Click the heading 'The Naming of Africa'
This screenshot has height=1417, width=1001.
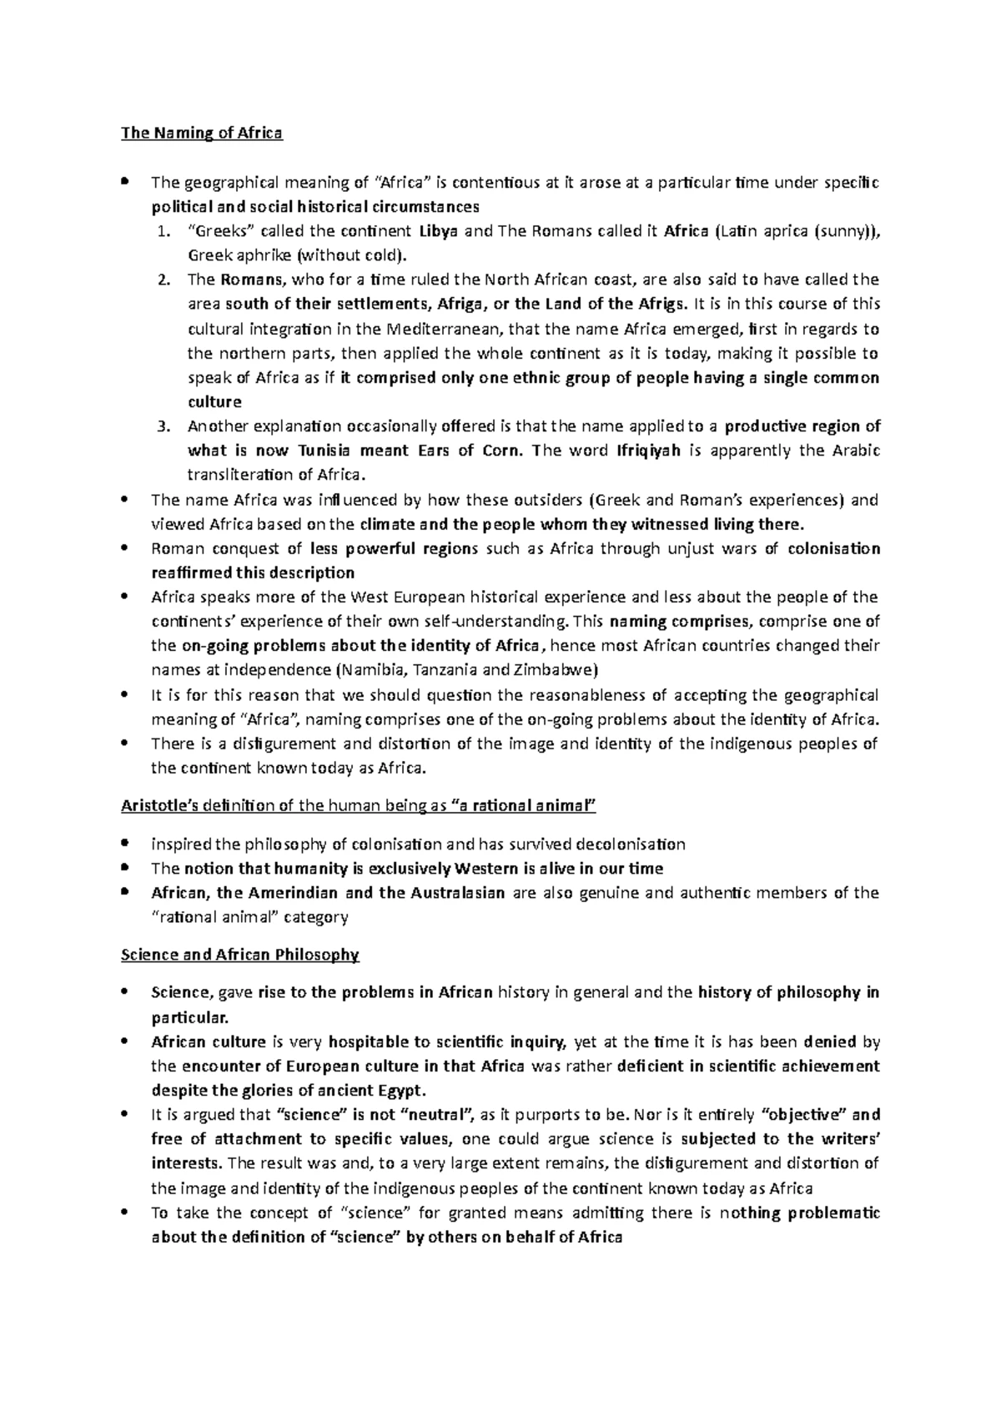(x=202, y=133)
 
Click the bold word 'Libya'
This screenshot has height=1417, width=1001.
(x=438, y=231)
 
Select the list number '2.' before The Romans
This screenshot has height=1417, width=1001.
(x=163, y=280)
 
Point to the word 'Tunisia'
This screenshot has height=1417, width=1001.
(x=326, y=451)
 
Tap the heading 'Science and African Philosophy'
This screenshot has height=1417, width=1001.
(x=240, y=955)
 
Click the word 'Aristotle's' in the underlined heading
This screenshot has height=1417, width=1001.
(x=157, y=806)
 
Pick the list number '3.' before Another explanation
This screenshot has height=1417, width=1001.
(x=163, y=426)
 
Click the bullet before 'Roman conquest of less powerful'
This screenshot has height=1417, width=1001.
(x=125, y=548)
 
